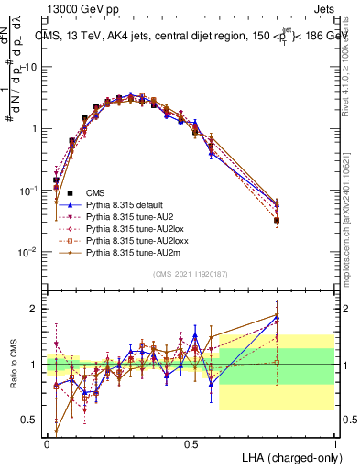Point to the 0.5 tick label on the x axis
(x=191, y=442)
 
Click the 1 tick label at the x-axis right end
(x=334, y=442)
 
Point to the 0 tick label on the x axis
(x=48, y=442)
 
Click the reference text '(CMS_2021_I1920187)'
(x=190, y=274)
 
